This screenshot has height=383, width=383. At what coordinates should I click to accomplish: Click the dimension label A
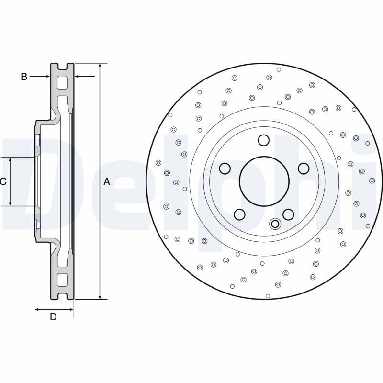point(107,181)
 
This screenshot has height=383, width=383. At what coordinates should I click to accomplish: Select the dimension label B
point(24,76)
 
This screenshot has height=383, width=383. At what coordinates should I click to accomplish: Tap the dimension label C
point(3,181)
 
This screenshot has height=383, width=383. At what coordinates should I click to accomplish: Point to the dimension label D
point(53,316)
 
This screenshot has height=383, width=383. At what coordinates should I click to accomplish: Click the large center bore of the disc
point(264,181)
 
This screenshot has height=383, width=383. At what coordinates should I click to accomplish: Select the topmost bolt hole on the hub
point(264,140)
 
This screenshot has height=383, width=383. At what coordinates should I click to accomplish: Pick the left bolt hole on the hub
point(225,169)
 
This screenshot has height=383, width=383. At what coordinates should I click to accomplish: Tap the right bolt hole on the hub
point(304,169)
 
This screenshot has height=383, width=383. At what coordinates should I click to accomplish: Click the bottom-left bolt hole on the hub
point(240,214)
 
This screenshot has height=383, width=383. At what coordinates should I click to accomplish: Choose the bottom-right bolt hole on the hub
point(288,214)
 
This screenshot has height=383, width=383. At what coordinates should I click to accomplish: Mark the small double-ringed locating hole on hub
point(275,224)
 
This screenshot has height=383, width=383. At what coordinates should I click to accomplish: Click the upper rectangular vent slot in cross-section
point(62,83)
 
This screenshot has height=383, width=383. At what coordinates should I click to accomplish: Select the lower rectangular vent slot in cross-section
point(62,280)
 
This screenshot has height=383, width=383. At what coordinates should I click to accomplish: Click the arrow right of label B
point(47,76)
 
